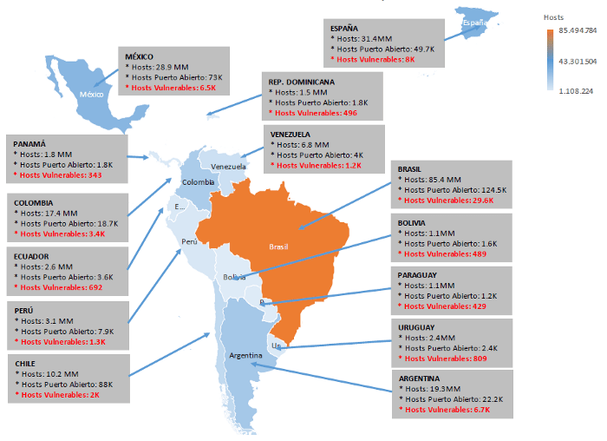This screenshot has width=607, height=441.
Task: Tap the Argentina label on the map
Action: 247,356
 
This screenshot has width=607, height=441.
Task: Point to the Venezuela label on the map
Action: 229,167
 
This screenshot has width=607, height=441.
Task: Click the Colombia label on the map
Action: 198,182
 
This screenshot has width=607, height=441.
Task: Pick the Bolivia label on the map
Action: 234,277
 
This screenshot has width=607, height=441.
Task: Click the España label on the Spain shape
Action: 476,23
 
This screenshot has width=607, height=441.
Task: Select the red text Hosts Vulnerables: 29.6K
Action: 444,200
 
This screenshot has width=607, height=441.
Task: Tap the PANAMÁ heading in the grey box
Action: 31,143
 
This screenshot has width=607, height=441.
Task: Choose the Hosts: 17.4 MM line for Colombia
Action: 47,213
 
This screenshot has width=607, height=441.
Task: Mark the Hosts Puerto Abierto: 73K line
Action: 173,77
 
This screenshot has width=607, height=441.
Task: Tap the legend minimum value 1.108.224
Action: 576,90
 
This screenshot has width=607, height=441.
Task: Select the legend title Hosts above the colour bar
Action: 553,16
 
